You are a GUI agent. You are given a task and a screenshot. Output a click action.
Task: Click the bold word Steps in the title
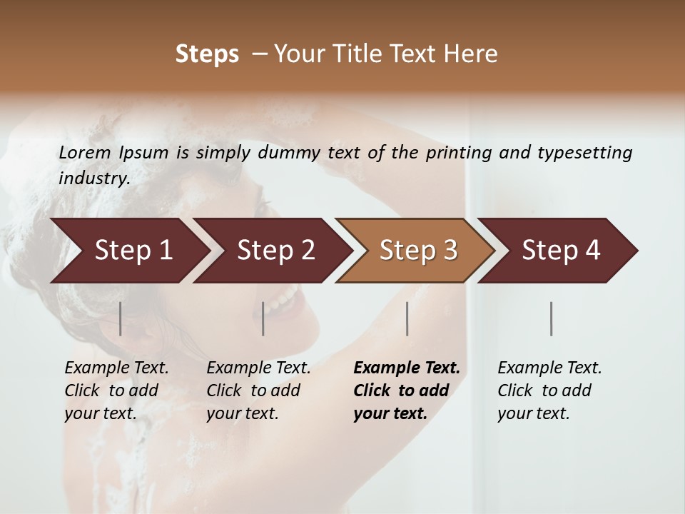click(207, 54)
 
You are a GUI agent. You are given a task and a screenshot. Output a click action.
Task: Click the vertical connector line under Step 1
click(121, 318)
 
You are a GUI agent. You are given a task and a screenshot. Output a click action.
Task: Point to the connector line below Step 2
click(263, 318)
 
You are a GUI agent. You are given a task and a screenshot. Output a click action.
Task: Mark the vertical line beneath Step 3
click(407, 318)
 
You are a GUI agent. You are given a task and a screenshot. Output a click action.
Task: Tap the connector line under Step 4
click(552, 318)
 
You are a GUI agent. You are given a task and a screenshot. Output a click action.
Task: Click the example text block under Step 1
click(116, 390)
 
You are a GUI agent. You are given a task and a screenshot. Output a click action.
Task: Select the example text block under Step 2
click(258, 390)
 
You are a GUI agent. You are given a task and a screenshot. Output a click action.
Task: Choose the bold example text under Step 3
click(407, 390)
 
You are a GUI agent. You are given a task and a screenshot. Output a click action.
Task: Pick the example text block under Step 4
click(549, 390)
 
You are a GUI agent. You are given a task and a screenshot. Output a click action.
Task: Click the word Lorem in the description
click(85, 152)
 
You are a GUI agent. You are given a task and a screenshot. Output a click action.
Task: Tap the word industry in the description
click(93, 178)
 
